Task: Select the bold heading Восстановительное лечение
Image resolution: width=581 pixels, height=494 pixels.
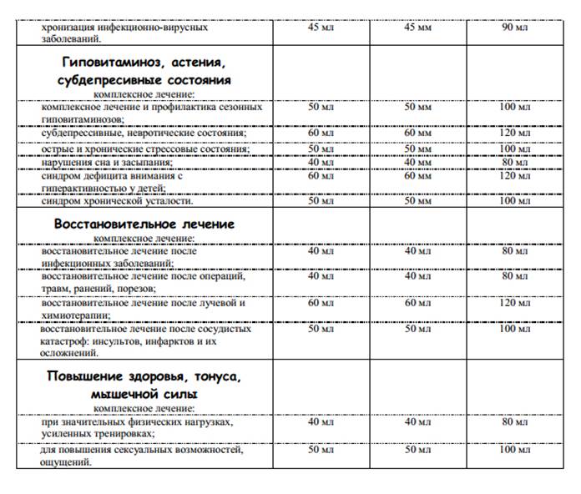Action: tap(144, 225)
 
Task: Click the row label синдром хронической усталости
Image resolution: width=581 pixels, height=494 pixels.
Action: tap(117, 201)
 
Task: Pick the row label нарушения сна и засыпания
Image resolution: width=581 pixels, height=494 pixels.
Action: tap(107, 162)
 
